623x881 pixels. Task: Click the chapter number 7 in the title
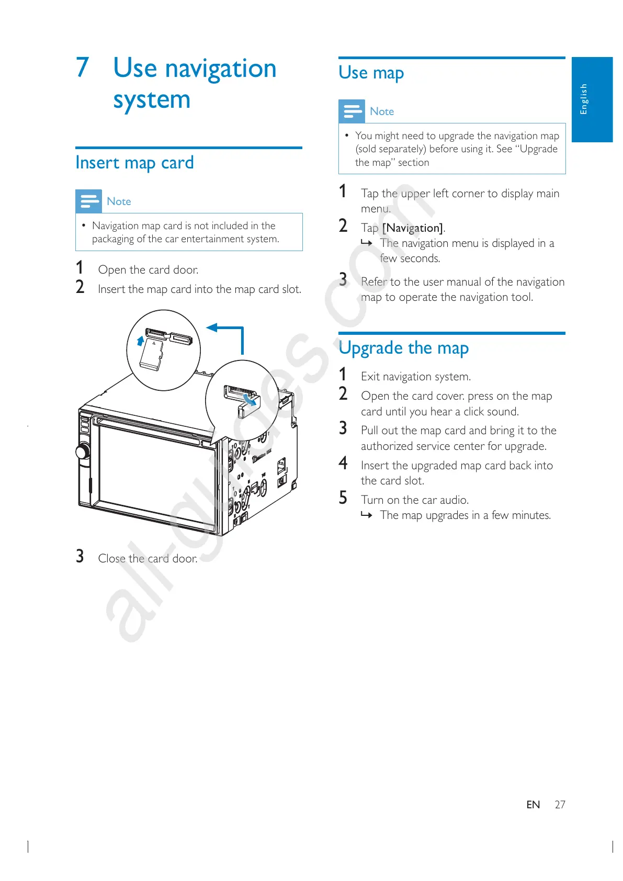(83, 68)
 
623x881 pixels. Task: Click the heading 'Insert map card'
(134, 163)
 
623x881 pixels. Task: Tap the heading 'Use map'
(371, 73)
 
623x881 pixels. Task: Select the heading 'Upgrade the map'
(403, 348)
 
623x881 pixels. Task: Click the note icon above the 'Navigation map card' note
(88, 201)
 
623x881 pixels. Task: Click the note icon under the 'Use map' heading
(352, 111)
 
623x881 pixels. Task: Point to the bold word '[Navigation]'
(413, 228)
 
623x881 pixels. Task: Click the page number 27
(560, 805)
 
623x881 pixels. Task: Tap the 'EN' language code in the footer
(533, 805)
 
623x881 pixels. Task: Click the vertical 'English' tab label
(584, 98)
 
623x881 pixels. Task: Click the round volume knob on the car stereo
(83, 451)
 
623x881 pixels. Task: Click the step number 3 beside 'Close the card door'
(80, 556)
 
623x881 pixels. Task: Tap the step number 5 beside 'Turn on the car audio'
(343, 498)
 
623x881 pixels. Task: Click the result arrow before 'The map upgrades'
(367, 516)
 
